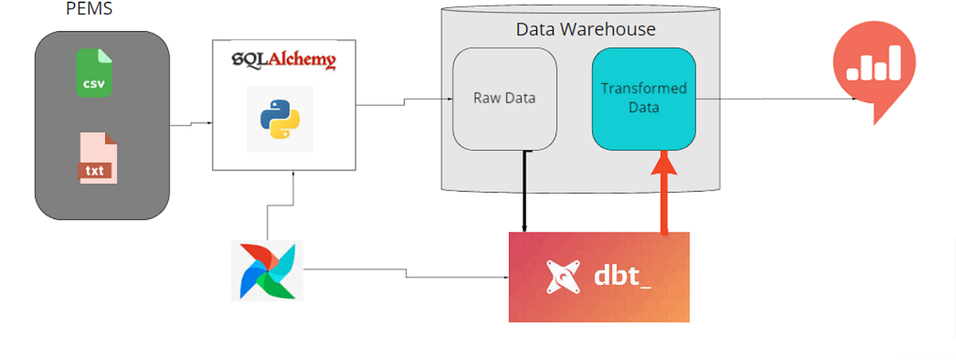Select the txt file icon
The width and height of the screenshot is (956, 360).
tap(98, 159)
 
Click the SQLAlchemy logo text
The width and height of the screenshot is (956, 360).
tap(283, 60)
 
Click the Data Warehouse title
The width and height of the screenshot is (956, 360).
tap(586, 29)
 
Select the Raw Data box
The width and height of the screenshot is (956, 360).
tap(504, 99)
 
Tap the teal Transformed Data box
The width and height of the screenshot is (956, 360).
tap(644, 98)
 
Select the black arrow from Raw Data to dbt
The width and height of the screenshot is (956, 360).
tap(523, 191)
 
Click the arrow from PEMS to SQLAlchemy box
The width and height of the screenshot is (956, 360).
tap(191, 124)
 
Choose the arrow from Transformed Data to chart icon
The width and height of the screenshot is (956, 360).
tap(777, 99)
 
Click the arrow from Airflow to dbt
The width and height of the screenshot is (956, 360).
tap(406, 273)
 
